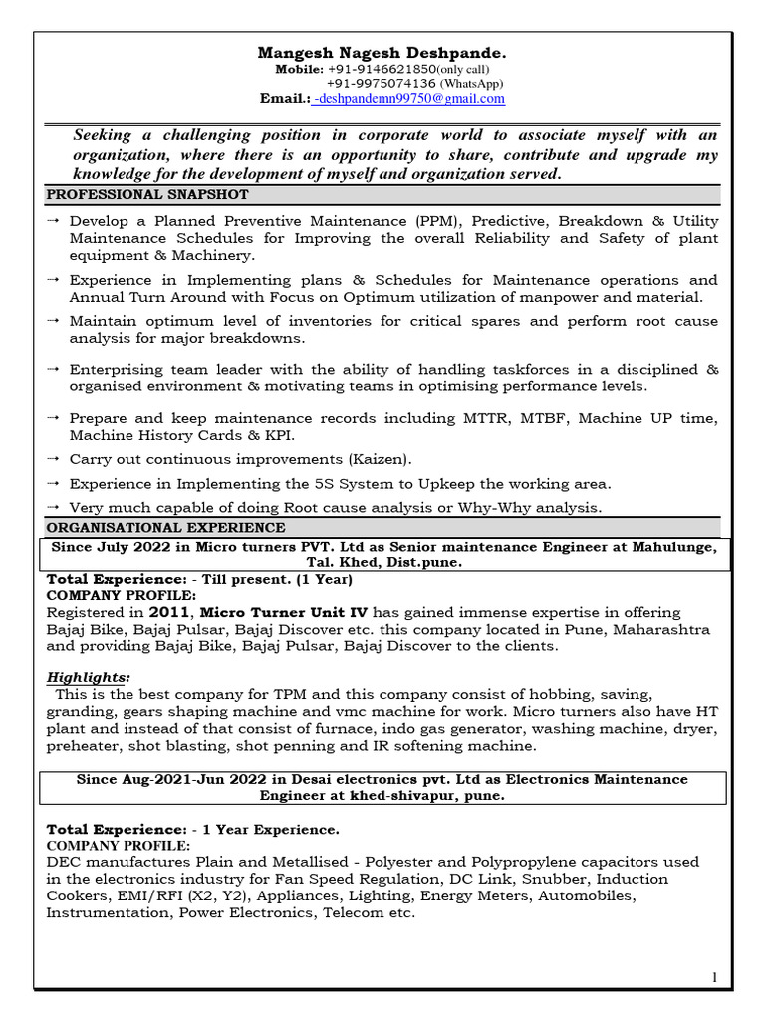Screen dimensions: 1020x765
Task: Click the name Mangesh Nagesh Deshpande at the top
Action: coord(382,51)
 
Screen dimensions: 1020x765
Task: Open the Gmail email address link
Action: coord(409,99)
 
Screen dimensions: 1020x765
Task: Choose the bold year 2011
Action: coord(147,611)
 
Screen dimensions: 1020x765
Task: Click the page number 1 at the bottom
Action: coord(714,979)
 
